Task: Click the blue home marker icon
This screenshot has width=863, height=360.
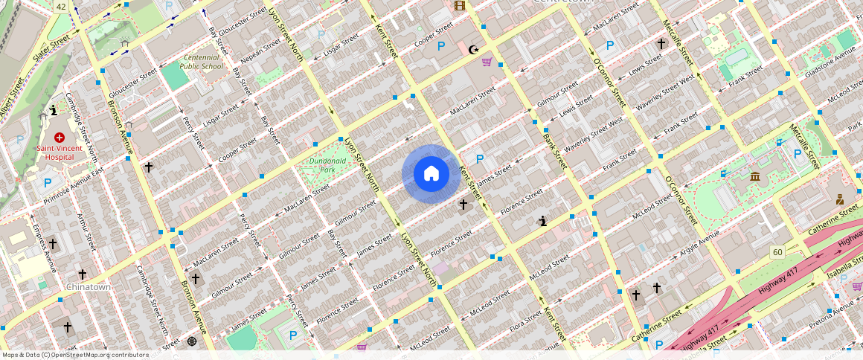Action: point(431,174)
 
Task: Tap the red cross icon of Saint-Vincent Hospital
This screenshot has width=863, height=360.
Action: point(59,138)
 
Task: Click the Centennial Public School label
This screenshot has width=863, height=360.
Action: point(202,62)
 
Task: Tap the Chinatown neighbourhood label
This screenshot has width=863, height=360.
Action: point(89,286)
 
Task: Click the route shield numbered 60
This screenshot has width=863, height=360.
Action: point(777,252)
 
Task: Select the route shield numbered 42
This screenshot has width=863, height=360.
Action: point(61,6)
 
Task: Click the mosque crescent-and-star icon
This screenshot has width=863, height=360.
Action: point(473,50)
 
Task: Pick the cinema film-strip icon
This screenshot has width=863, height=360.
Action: point(460,6)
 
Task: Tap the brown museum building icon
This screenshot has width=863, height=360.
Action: point(755,176)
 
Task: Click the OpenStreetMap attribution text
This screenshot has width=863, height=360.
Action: point(75,355)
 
